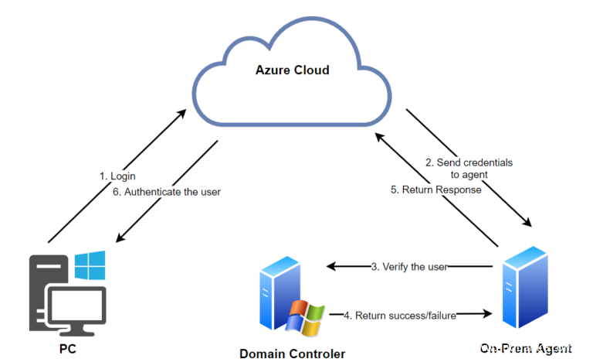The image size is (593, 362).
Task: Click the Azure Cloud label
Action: (x=292, y=70)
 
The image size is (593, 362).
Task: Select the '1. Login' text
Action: (x=117, y=176)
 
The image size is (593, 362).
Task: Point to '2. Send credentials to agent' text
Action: (x=469, y=169)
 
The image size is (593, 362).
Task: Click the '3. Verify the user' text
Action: (x=409, y=267)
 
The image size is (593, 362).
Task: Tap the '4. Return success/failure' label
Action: (x=400, y=315)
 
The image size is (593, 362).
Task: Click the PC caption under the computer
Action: (x=67, y=350)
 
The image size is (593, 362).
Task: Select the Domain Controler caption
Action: (x=293, y=353)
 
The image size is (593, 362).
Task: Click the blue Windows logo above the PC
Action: (x=90, y=265)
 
